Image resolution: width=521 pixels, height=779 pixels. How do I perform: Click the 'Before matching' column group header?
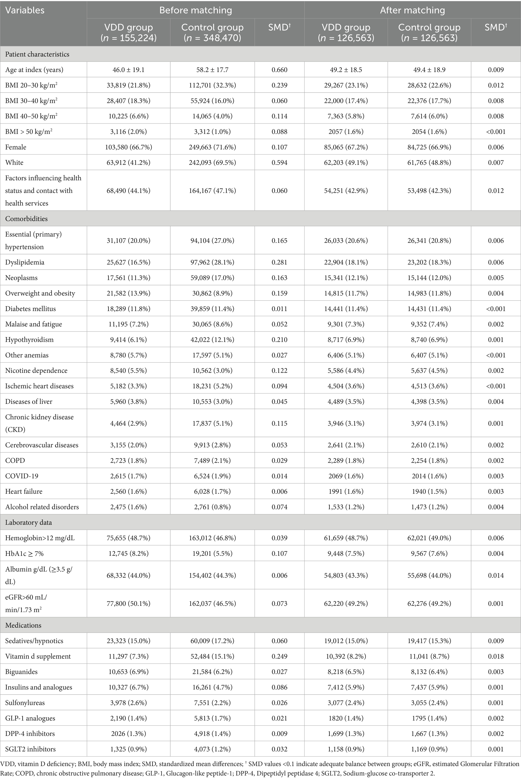(196, 10)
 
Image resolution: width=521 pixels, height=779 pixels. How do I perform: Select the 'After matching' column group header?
(412, 10)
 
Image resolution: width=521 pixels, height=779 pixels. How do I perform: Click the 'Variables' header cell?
(25, 10)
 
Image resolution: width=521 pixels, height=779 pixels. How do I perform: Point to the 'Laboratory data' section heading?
(28, 522)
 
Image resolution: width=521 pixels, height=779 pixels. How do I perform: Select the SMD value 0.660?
(279, 70)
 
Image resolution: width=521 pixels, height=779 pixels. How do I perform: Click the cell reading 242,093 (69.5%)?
(212, 163)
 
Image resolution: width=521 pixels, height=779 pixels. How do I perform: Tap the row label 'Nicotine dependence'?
(36, 370)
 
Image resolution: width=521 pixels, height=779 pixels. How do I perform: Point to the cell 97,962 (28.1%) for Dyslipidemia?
(212, 262)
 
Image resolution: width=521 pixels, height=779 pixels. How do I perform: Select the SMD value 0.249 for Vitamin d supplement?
(279, 656)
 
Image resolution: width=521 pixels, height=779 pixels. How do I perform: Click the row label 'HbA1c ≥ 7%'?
(25, 553)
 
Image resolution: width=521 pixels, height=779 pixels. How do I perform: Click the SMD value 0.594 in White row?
(279, 163)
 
